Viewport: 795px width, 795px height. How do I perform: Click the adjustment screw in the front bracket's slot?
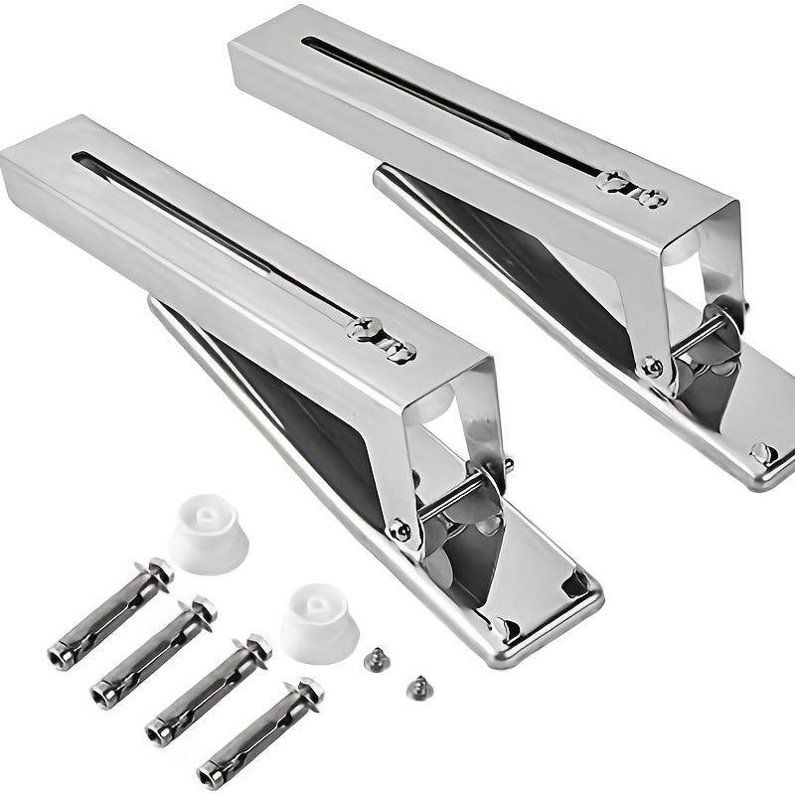coord(384,338)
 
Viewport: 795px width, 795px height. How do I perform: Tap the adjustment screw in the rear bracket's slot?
coord(634,188)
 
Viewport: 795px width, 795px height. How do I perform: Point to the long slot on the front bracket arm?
coord(199,219)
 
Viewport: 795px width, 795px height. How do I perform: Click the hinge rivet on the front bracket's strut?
coord(401,530)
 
